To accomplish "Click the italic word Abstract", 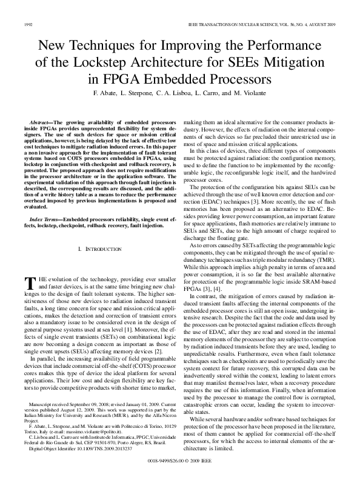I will tap(42, 123).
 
